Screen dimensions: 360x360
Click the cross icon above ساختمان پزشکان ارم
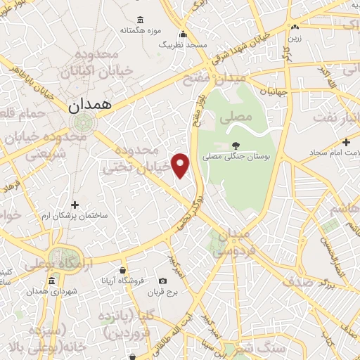click(x=84, y=205)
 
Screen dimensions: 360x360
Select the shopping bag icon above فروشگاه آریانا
click(x=122, y=270)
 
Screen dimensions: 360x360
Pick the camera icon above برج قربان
click(x=163, y=281)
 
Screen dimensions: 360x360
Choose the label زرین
click(x=295, y=39)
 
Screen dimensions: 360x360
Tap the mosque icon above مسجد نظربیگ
click(x=184, y=34)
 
